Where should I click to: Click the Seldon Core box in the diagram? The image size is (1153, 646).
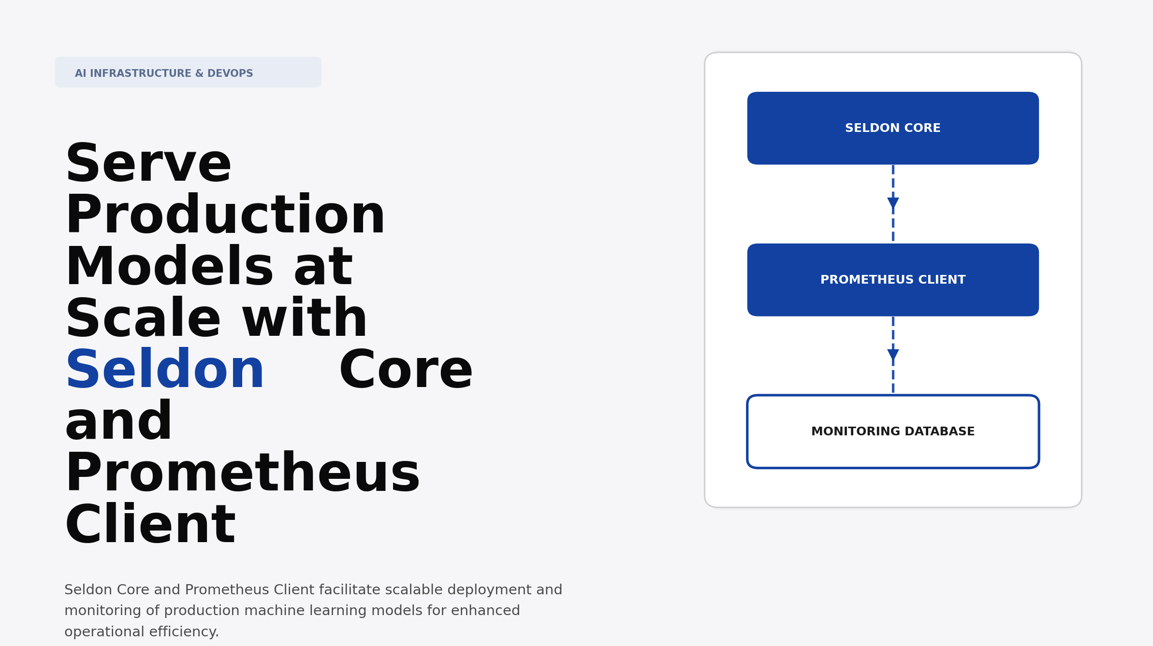click(892, 128)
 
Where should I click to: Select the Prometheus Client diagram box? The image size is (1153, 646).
click(892, 280)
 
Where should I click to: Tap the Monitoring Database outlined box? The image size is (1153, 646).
click(892, 431)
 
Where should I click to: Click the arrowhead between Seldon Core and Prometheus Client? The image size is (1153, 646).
click(893, 203)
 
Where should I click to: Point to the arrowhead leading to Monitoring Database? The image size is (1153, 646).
click(893, 355)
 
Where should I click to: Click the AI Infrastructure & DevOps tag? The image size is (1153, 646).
click(188, 72)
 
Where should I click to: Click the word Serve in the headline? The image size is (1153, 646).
click(148, 164)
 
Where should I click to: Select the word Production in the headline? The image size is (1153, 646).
click(225, 215)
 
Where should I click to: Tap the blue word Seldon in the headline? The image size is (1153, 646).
click(164, 371)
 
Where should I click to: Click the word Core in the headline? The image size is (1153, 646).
click(406, 371)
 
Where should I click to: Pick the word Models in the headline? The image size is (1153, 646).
click(169, 267)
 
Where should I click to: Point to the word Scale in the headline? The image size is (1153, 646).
click(143, 319)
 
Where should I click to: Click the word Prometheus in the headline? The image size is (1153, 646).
click(242, 474)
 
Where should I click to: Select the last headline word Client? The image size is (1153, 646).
click(150, 525)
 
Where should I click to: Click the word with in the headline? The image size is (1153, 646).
click(305, 319)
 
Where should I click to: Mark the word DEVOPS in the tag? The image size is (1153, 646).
click(230, 73)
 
